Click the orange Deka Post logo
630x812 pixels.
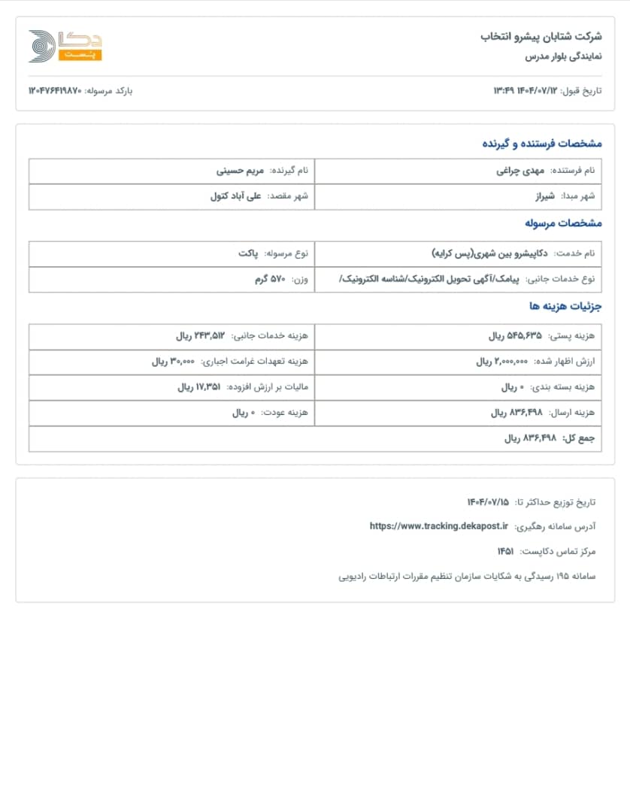(65, 47)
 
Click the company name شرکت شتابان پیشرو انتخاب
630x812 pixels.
(541, 36)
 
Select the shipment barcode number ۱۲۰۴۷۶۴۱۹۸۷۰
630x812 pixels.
(55, 91)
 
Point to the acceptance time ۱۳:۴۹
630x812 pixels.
(503, 91)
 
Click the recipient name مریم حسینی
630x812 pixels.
(241, 171)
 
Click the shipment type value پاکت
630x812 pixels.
(248, 253)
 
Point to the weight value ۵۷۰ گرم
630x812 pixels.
(270, 279)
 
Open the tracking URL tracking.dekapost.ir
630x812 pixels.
(439, 526)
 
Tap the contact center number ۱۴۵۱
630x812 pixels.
(505, 552)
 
